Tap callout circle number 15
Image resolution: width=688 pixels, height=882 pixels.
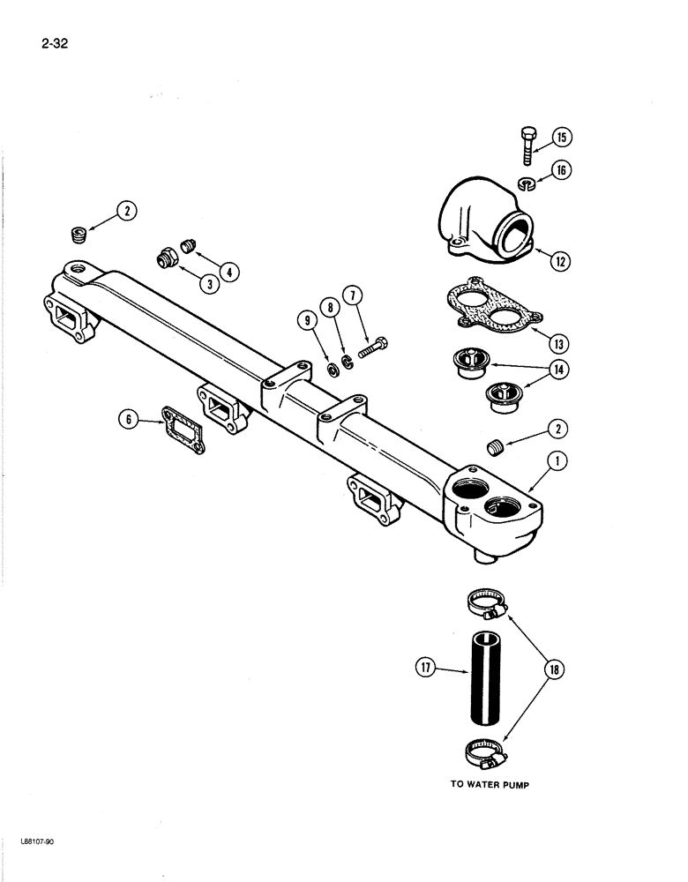click(x=563, y=137)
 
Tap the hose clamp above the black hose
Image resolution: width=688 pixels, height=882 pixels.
click(x=485, y=604)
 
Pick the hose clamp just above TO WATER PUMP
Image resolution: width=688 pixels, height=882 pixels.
click(x=485, y=753)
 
